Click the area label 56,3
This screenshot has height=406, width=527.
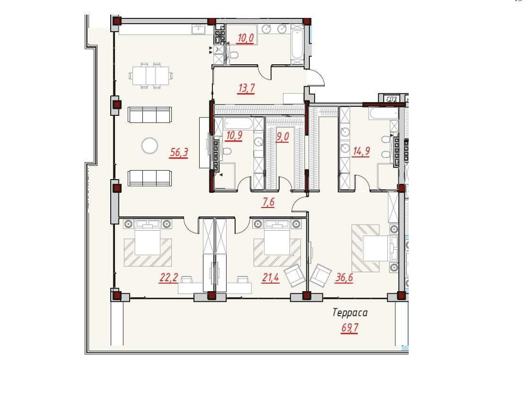(179, 153)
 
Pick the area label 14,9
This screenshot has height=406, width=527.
(360, 152)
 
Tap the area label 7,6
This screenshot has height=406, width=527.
(269, 201)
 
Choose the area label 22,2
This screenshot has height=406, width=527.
(168, 278)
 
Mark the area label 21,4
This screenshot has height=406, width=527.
(270, 278)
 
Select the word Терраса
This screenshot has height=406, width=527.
(349, 313)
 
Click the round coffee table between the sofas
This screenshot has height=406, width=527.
(149, 145)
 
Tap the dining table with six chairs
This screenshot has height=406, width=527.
(150, 75)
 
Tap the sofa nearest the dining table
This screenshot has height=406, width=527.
(150, 114)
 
